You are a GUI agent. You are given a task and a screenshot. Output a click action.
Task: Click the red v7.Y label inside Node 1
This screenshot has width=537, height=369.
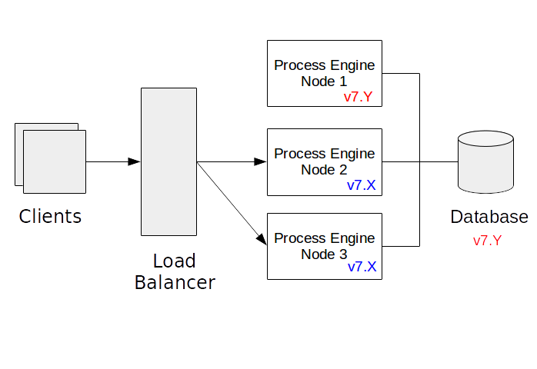click(359, 98)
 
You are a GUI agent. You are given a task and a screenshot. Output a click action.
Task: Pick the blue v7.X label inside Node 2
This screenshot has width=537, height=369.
click(362, 185)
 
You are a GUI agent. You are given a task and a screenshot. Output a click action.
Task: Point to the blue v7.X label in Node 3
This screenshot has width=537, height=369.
click(362, 267)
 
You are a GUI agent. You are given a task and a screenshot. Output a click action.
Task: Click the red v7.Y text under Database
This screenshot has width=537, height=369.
click(487, 241)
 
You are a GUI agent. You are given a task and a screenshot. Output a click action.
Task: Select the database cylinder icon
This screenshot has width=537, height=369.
click(485, 162)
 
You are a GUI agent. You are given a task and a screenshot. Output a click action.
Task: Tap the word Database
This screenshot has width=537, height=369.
click(489, 217)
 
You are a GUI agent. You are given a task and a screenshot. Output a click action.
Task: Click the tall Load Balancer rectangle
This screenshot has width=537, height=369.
click(168, 161)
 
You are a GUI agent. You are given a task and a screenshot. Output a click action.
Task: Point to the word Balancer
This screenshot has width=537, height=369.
click(175, 283)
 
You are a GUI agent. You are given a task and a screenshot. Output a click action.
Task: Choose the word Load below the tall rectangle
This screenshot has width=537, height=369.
click(174, 261)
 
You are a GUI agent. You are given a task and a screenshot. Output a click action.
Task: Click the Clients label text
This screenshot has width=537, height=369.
click(50, 216)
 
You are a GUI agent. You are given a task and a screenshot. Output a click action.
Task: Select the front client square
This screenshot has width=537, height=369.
click(55, 161)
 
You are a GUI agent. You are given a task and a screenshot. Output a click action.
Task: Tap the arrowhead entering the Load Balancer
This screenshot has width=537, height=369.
click(135, 161)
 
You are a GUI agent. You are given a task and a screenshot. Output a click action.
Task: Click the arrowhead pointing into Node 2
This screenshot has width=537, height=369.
click(261, 161)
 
